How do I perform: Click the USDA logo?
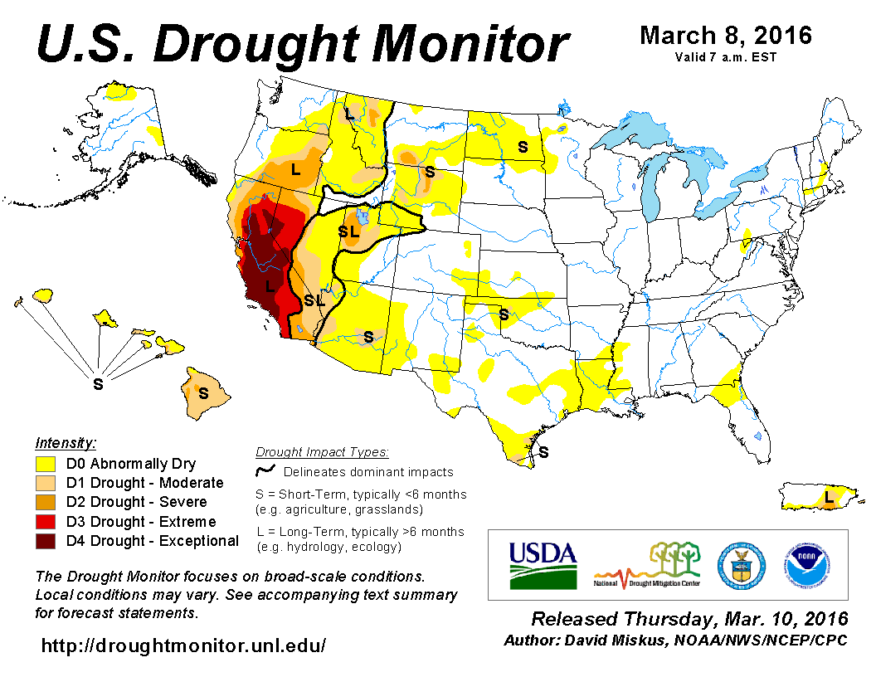(543, 564)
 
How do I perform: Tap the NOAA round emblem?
(805, 565)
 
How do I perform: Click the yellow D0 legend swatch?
(46, 464)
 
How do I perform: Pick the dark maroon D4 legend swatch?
(46, 541)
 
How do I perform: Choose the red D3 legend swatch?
(46, 522)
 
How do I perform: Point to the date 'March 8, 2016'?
(726, 36)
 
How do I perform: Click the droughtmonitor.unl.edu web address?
(183, 644)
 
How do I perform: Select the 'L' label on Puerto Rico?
(828, 497)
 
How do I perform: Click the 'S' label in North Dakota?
(523, 147)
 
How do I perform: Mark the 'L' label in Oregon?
(294, 169)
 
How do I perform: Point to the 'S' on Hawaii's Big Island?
(202, 391)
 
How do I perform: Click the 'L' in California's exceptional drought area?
(269, 285)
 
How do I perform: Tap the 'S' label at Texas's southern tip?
(544, 452)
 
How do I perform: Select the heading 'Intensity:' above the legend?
(66, 442)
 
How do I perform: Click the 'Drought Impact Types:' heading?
(322, 452)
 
